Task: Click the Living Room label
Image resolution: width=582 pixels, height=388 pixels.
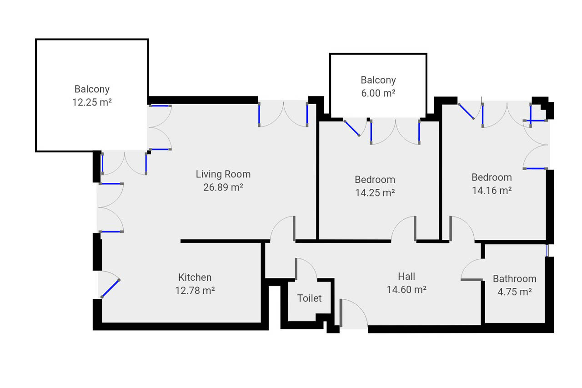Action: (x=223, y=174)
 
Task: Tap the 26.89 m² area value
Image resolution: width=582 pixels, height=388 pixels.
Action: (x=223, y=187)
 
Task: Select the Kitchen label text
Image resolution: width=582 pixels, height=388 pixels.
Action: (x=195, y=277)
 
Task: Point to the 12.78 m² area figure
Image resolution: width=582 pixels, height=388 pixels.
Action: (x=195, y=290)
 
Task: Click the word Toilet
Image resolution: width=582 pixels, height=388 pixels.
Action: (x=309, y=298)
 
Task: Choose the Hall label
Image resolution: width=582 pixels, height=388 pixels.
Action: (x=406, y=276)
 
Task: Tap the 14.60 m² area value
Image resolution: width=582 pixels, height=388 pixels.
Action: (x=406, y=289)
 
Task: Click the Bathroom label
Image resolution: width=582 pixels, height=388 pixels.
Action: (x=514, y=278)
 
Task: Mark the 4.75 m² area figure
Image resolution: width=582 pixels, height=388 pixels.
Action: (x=514, y=292)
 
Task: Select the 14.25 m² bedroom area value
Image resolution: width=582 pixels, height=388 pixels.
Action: (x=375, y=192)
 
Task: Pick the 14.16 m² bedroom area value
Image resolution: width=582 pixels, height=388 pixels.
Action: (x=492, y=191)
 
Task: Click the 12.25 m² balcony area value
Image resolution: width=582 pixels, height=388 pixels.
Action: (x=92, y=102)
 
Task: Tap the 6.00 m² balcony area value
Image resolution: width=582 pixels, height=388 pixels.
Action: (x=378, y=93)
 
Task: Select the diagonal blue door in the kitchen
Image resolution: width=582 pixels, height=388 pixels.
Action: (x=110, y=288)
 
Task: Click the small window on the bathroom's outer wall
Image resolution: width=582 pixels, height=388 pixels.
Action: (x=547, y=250)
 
